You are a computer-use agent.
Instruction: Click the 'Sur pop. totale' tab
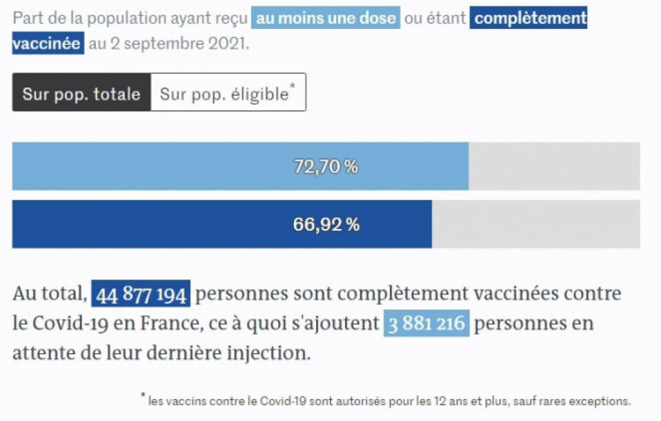81,94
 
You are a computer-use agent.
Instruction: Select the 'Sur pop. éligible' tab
227,94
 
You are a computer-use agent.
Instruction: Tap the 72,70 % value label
326,166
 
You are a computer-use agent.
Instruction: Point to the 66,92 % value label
326,224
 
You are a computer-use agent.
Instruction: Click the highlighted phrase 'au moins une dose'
326,18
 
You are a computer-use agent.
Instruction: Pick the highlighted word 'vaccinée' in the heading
47,44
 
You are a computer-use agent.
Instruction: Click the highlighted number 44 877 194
140,295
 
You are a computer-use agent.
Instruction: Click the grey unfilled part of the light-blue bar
554,166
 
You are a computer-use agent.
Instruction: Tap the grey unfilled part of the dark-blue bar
535,224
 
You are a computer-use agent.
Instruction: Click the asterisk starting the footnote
143,396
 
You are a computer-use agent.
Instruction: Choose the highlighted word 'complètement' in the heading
529,18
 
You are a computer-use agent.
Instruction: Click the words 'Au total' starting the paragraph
49,295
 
